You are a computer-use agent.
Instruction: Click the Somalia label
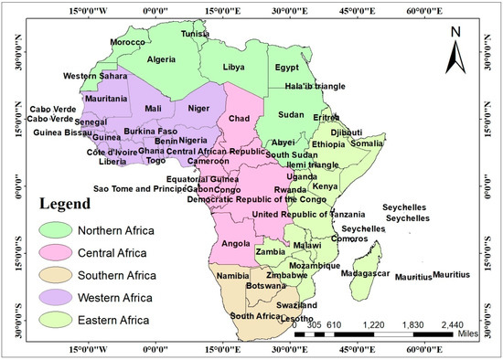point(367,143)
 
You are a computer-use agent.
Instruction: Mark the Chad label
point(239,119)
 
